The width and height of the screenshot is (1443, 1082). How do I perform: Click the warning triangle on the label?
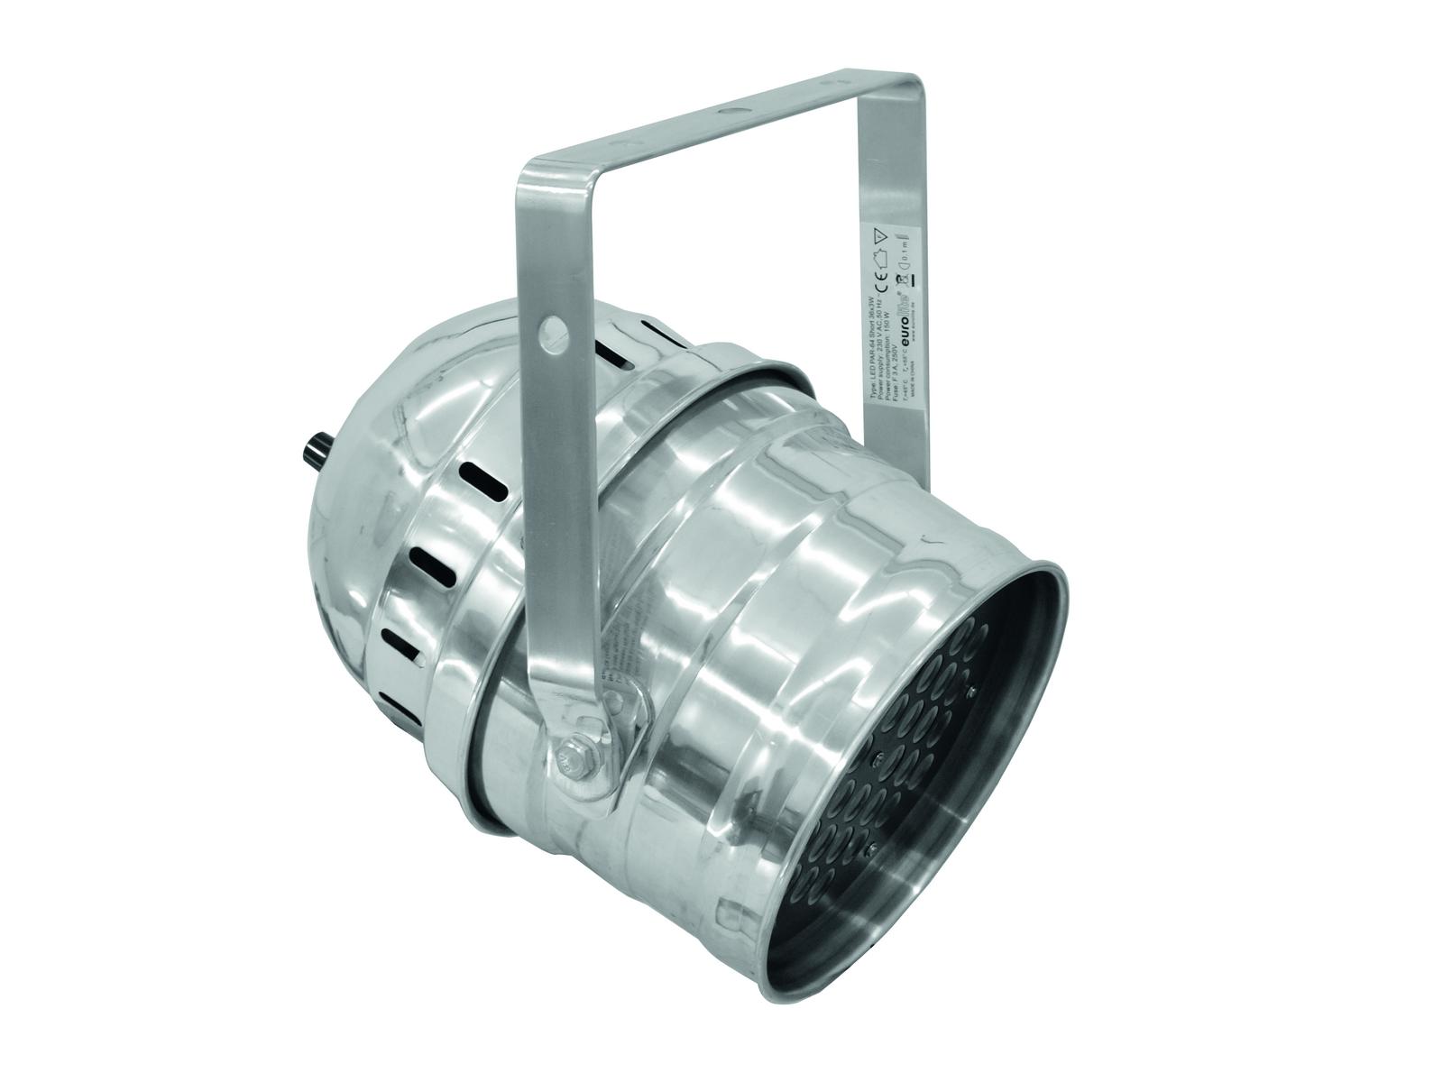click(x=880, y=236)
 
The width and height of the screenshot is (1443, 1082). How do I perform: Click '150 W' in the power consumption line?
click(x=887, y=322)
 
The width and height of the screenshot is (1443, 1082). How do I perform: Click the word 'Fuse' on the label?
click(x=896, y=392)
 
